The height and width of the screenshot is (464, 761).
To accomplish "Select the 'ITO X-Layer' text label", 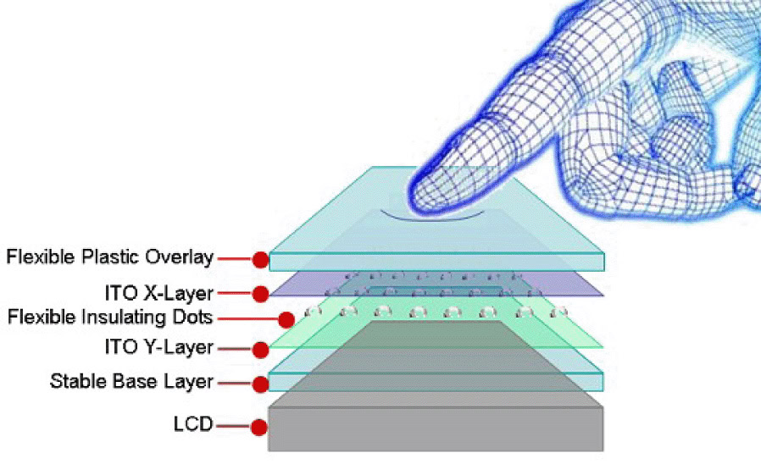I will pos(158,293).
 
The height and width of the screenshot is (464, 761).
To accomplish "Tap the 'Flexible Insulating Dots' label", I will pos(110,318).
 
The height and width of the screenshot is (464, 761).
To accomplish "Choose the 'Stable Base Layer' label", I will pos(131,382).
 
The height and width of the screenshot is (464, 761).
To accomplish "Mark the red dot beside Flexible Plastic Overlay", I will pos(261,259).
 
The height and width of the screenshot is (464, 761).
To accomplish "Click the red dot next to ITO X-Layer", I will pos(261,294).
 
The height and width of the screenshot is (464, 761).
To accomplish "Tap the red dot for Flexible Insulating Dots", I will pos(286,320).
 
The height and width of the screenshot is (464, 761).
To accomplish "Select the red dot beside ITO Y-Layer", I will pos(261,348).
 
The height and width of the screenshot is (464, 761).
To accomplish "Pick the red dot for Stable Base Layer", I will pos(261,384).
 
